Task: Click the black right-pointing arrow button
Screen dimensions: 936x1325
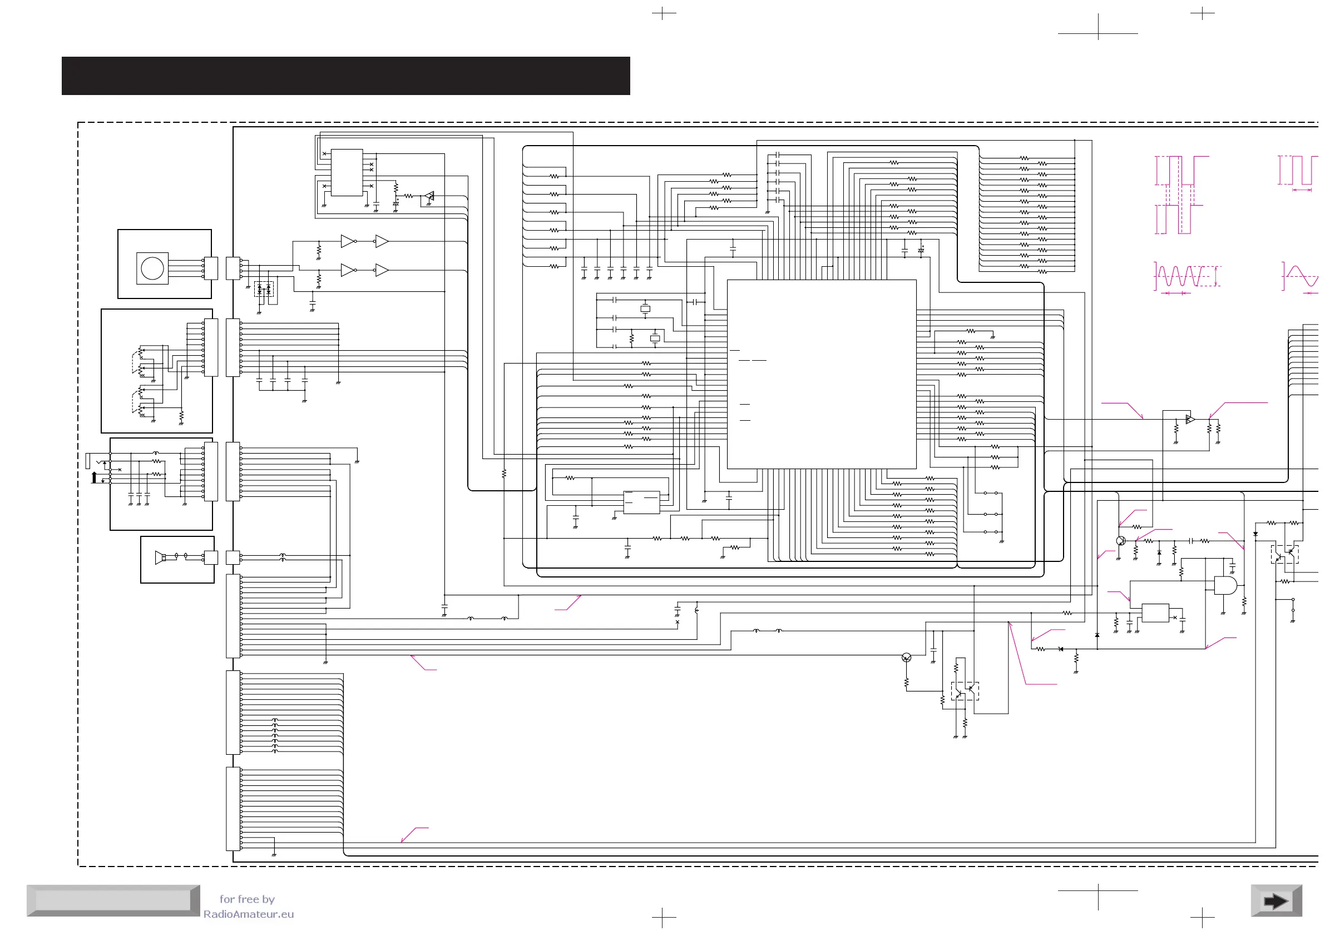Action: [1275, 901]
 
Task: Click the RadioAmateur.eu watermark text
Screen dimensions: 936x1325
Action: [248, 914]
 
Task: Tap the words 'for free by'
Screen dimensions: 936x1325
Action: [247, 899]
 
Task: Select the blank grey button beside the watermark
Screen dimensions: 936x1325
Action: [113, 900]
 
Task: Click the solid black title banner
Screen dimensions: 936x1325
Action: [345, 76]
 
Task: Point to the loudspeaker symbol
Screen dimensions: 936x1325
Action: [160, 557]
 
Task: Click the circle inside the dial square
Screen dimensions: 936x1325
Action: [152, 268]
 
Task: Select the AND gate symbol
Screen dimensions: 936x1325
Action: [1224, 585]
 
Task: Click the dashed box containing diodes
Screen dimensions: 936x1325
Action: [264, 289]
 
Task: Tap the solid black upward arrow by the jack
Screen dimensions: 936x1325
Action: [95, 477]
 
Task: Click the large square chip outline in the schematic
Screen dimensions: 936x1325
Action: [821, 374]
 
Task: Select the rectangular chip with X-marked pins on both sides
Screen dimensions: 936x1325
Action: [347, 172]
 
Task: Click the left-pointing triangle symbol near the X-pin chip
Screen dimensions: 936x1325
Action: [429, 196]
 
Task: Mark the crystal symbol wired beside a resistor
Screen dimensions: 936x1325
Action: [654, 338]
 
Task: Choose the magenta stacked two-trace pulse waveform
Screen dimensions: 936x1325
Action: [1181, 195]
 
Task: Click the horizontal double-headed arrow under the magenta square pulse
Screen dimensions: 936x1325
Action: [1302, 190]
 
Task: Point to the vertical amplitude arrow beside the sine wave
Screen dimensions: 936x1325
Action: [1217, 276]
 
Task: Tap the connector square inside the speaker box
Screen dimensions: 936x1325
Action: [211, 557]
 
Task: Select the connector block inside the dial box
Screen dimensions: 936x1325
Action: [211, 268]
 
